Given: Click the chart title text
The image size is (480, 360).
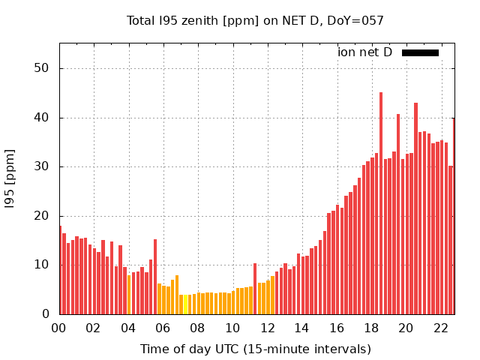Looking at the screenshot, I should point(255,20).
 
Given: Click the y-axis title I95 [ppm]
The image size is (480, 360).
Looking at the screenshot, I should point(10,178).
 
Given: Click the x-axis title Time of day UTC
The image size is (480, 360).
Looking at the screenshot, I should point(255,349).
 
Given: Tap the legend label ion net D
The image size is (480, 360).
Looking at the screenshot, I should point(364,52).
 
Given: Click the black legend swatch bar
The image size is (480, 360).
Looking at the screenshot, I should point(420,52).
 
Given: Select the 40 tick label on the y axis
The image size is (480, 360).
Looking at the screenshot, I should point(42,118).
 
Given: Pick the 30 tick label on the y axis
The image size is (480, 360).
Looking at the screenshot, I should point(42,166).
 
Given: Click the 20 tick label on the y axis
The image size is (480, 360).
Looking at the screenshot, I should point(42,216).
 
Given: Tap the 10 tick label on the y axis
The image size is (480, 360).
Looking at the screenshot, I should point(42,265).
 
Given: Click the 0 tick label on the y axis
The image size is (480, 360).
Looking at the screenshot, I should point(46,314).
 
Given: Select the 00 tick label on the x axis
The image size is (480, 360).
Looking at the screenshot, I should point(59,328).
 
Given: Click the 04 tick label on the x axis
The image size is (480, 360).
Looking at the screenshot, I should point(128,328).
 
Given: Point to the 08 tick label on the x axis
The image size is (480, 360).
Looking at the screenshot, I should point(198,328).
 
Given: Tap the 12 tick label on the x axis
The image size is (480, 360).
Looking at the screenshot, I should point(267,328).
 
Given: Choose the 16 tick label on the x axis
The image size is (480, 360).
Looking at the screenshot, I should point(337,328).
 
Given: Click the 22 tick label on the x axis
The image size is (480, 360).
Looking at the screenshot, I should point(441,328).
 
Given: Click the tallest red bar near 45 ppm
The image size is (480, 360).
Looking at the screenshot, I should point(381,202).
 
